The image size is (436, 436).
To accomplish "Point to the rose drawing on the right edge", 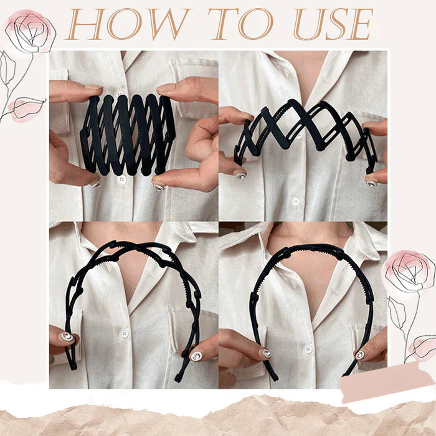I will [x=409, y=274].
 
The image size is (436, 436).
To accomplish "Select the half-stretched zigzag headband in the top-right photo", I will [x=305, y=134].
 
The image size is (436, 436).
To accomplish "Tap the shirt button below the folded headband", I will [x=122, y=179].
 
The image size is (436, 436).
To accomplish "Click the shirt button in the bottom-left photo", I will [x=125, y=334].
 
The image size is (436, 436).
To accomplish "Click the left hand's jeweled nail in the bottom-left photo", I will [x=67, y=337].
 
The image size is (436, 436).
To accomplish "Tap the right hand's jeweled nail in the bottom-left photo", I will [x=196, y=356].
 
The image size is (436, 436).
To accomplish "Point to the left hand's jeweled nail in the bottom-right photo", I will [x=266, y=353].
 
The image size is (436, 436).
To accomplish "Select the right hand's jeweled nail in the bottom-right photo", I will [x=360, y=354].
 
